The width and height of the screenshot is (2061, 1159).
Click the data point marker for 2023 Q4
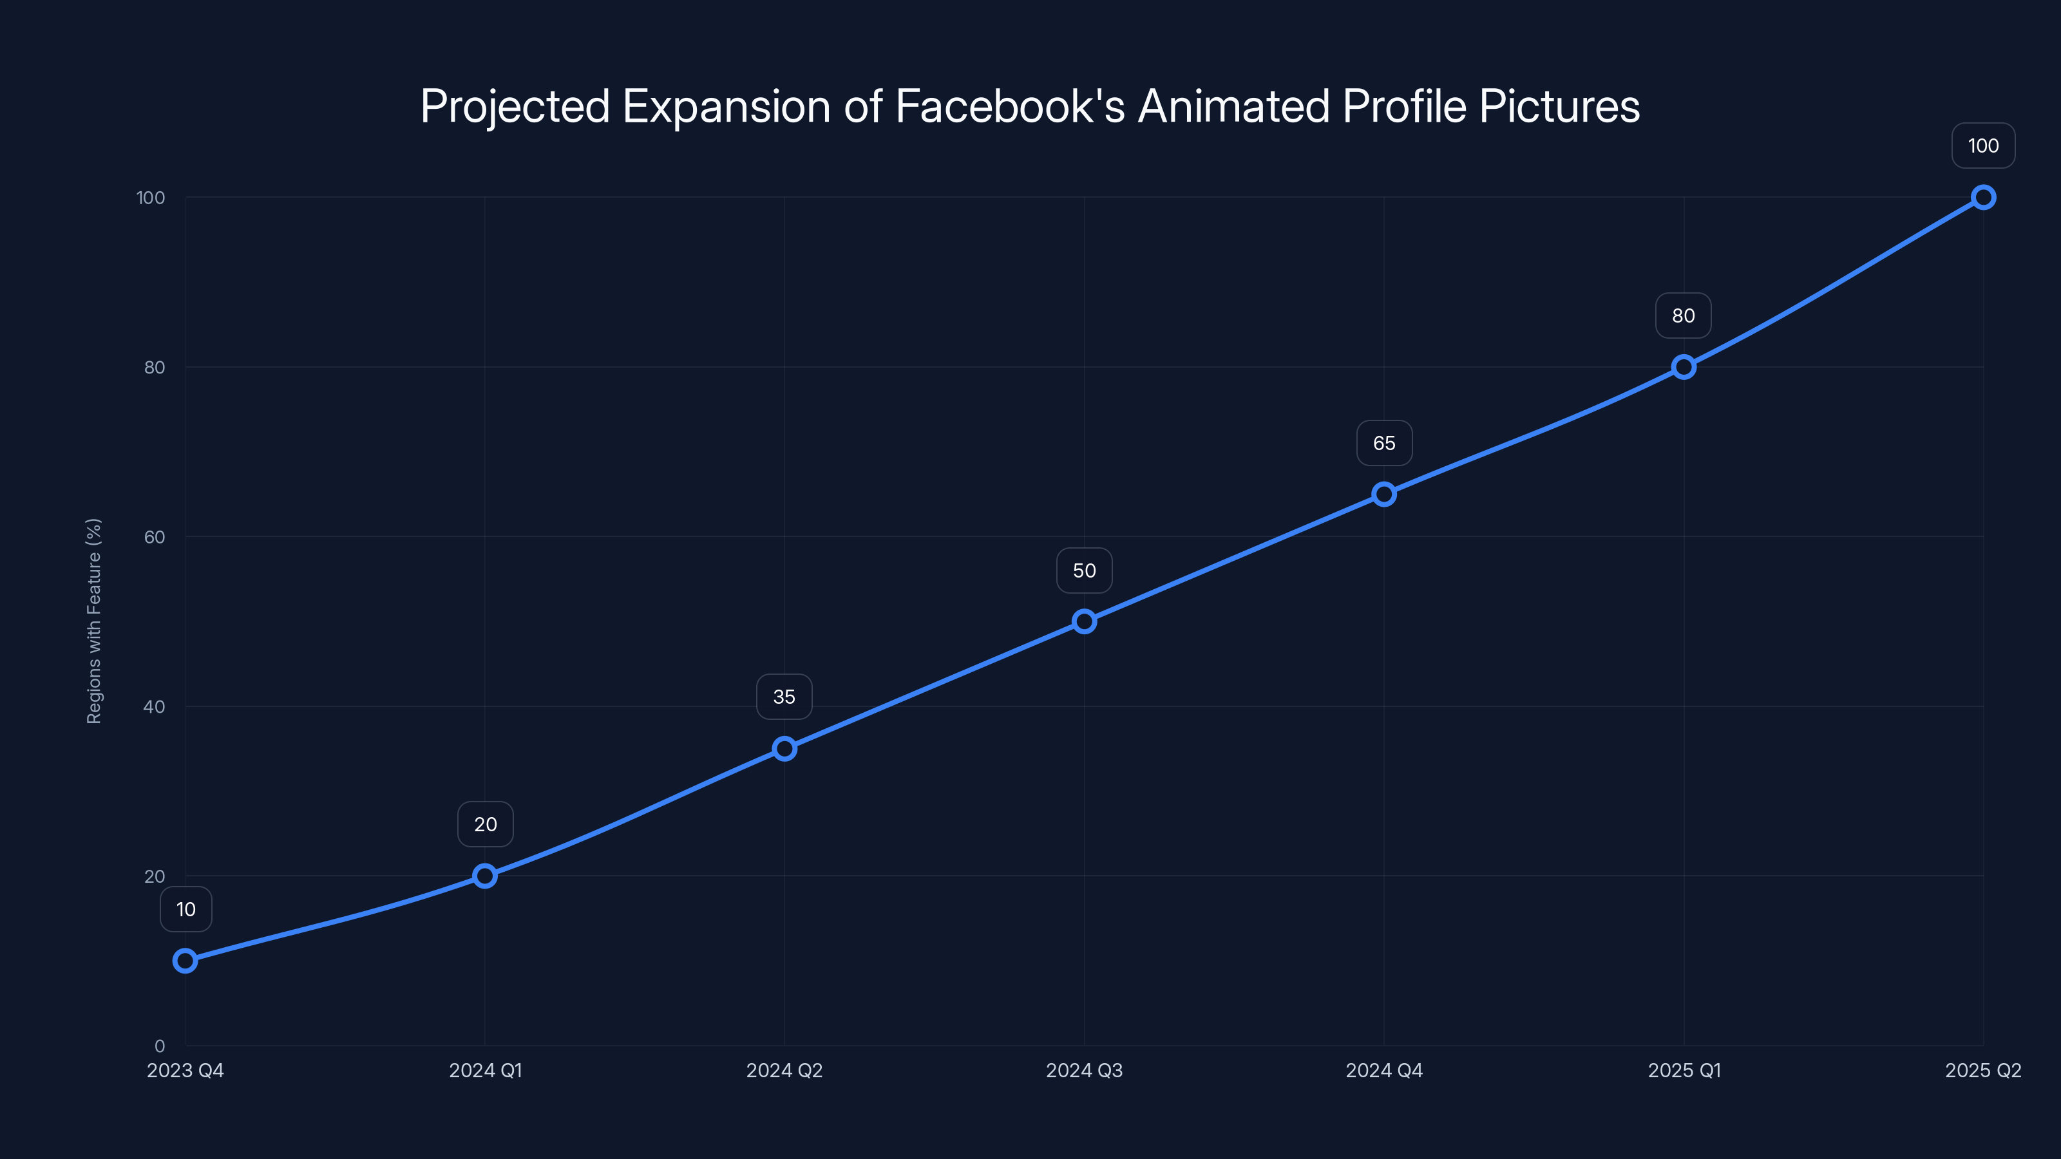[185, 961]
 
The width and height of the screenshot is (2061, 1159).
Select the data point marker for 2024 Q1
[485, 876]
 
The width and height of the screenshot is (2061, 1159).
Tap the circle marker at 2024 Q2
[784, 749]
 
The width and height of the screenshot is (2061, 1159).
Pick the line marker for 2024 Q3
[1084, 621]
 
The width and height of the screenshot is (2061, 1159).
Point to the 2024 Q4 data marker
[1384, 495]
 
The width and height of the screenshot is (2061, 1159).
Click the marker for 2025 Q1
[1684, 367]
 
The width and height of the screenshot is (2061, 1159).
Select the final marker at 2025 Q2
[1984, 198]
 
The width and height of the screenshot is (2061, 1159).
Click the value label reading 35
[784, 697]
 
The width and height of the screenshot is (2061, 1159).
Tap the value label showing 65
[1384, 443]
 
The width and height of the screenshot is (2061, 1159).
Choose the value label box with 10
[185, 909]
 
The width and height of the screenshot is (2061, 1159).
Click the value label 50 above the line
[1084, 570]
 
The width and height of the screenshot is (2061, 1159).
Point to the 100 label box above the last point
[1984, 146]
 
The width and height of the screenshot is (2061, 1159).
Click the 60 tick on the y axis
[155, 537]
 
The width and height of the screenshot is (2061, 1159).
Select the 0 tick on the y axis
[160, 1046]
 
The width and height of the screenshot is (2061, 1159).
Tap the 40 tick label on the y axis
[155, 706]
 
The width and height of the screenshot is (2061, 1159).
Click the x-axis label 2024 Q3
[1084, 1070]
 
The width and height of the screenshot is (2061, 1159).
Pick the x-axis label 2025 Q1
[1684, 1070]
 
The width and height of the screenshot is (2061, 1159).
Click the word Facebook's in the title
[1010, 106]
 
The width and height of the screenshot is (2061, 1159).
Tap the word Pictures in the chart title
[1559, 106]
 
